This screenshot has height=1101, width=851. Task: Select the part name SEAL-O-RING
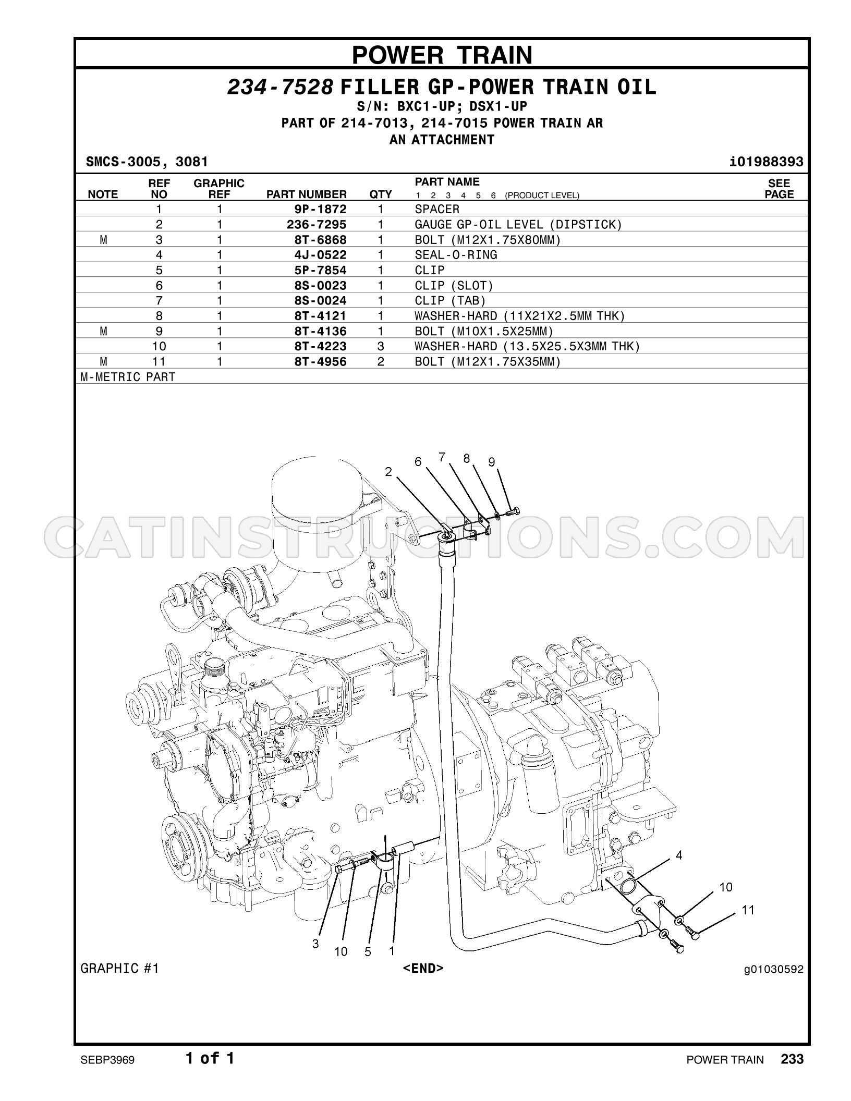pyautogui.click(x=456, y=255)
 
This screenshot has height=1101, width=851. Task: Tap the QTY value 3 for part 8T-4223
pyautogui.click(x=381, y=347)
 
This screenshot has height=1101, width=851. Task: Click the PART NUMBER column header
pyautogui.click(x=307, y=194)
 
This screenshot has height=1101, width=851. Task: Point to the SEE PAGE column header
pyautogui.click(x=779, y=189)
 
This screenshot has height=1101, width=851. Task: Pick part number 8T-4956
pyautogui.click(x=320, y=362)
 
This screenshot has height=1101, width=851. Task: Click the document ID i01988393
pyautogui.click(x=767, y=162)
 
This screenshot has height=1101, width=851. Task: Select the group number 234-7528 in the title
pyautogui.click(x=280, y=88)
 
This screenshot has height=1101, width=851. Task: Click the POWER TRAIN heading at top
pyautogui.click(x=442, y=55)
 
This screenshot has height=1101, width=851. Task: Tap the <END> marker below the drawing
pyautogui.click(x=423, y=968)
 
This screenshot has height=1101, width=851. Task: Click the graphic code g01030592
pyautogui.click(x=774, y=970)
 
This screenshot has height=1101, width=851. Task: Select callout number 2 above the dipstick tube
pyautogui.click(x=388, y=472)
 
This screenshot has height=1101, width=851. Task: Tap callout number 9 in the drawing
pyautogui.click(x=491, y=462)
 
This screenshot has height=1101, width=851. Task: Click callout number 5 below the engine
pyautogui.click(x=368, y=952)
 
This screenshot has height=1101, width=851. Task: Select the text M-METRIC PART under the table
pyautogui.click(x=128, y=377)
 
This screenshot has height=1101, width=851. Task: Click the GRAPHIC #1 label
pyautogui.click(x=120, y=969)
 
